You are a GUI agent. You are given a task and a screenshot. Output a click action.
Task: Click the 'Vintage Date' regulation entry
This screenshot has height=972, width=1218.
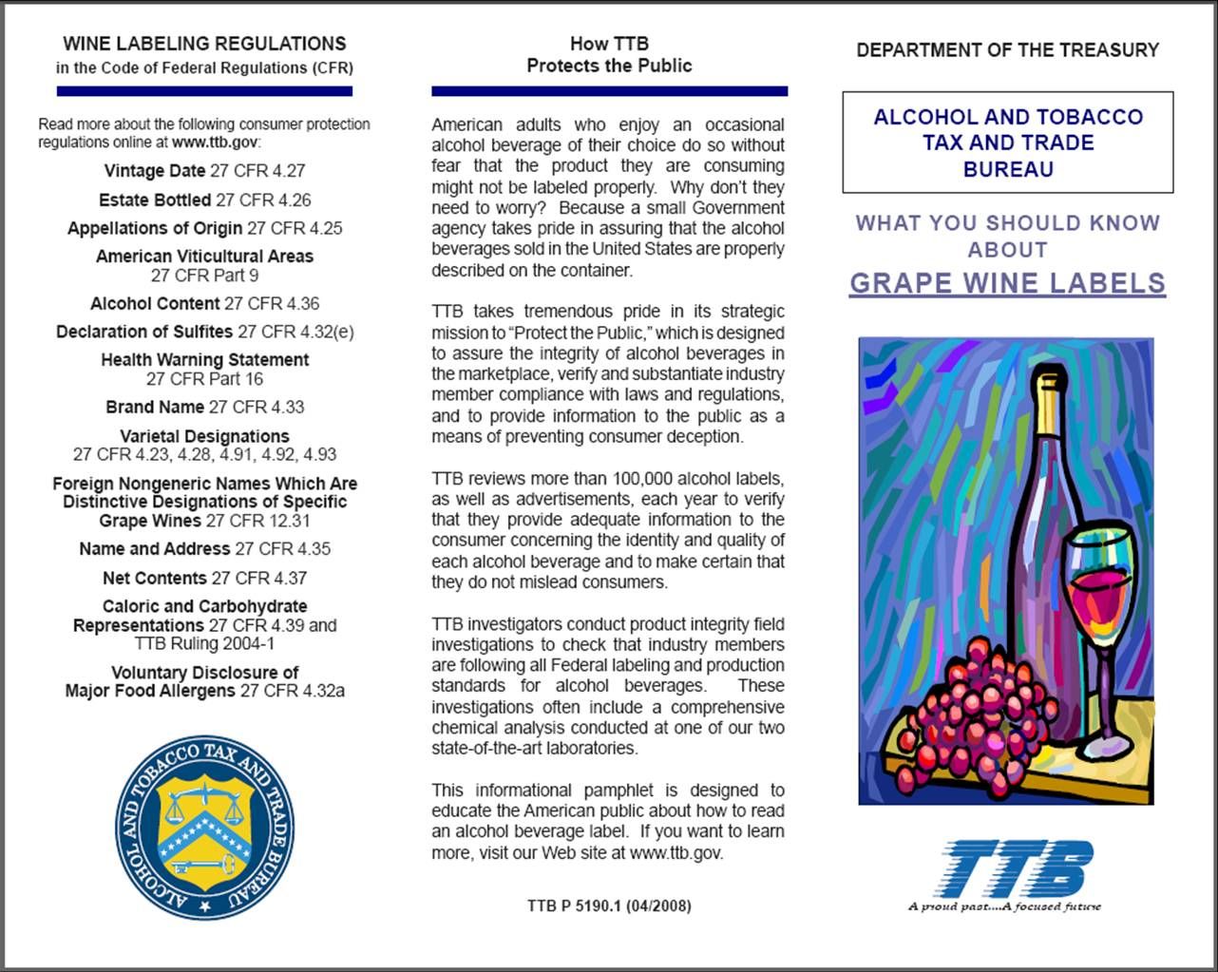pyautogui.click(x=204, y=171)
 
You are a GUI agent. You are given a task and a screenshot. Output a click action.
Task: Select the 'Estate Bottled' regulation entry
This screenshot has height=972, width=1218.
pyautogui.click(x=204, y=200)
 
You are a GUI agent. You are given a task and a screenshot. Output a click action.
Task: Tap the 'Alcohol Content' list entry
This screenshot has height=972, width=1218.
pyautogui.click(x=204, y=304)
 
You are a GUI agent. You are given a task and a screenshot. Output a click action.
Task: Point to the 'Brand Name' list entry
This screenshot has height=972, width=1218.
pyautogui.click(x=204, y=408)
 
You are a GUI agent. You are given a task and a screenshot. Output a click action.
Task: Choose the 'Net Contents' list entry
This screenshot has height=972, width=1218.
pyautogui.click(x=204, y=578)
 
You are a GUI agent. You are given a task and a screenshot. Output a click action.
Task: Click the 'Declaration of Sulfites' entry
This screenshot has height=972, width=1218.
pyautogui.click(x=204, y=332)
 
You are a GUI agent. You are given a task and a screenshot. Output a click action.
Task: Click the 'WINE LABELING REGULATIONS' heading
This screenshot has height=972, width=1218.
pyautogui.click(x=204, y=44)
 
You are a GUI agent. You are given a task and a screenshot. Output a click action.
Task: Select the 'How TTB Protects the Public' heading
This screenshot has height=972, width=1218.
pyautogui.click(x=609, y=55)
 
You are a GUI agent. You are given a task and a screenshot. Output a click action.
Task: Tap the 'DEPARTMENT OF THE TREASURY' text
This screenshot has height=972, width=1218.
pyautogui.click(x=1007, y=50)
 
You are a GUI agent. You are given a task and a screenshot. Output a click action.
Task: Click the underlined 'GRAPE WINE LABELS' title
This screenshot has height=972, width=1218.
pyautogui.click(x=1007, y=283)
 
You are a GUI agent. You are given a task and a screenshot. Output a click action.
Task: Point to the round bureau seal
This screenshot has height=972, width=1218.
pyautogui.click(x=204, y=828)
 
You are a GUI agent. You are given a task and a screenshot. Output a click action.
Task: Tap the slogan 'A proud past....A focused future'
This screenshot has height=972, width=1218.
pyautogui.click(x=1004, y=906)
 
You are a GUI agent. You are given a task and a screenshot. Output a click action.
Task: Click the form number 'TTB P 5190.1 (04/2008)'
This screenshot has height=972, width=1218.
pyautogui.click(x=609, y=906)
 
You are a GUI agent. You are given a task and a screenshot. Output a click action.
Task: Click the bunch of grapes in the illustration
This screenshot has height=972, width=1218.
pyautogui.click(x=969, y=703)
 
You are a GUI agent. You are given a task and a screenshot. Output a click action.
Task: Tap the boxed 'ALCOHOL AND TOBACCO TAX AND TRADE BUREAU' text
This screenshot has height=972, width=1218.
pyautogui.click(x=1007, y=143)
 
